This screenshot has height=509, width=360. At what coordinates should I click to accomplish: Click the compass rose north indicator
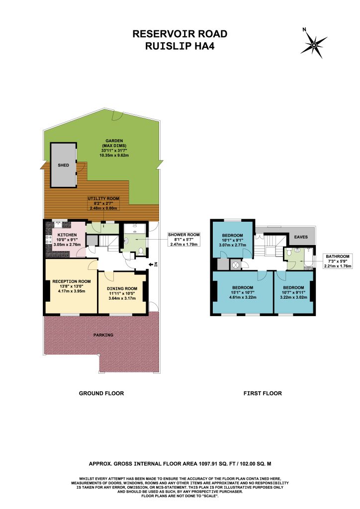tap(314, 43)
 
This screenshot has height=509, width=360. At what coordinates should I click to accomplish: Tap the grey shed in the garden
tap(63, 165)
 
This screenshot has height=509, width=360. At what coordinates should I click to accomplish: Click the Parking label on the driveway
tap(103, 335)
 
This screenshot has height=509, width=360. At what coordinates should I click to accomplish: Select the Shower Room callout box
tap(184, 239)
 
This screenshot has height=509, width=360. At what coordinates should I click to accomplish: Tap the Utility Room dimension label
tap(103, 203)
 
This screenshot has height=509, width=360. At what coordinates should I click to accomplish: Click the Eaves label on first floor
tap(301, 237)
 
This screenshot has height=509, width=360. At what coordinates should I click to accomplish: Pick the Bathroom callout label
tap(338, 261)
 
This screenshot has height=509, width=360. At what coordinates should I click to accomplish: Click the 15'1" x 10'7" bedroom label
tap(243, 292)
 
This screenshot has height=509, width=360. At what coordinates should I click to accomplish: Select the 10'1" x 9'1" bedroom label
tap(232, 240)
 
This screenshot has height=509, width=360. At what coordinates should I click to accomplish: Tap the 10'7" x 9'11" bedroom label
tap(293, 292)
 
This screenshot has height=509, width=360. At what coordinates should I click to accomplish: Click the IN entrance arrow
tap(153, 264)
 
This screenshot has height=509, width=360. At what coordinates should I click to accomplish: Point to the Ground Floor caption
tap(101, 393)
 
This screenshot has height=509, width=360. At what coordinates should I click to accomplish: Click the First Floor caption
tap(263, 393)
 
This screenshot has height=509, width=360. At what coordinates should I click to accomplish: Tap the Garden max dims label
tap(114, 148)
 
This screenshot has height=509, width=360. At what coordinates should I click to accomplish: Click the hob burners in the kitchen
tap(49, 239)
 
